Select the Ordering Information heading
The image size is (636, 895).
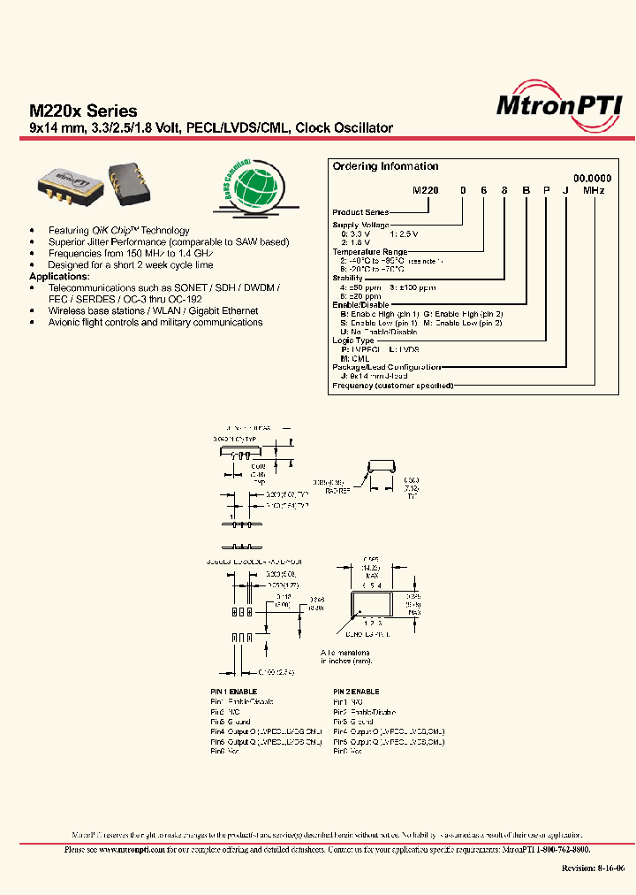tap(384, 166)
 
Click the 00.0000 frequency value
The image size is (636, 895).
tap(593, 179)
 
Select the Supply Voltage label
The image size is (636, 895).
tap(360, 225)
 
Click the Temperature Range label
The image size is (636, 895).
tap(369, 251)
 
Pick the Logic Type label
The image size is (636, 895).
tap(353, 340)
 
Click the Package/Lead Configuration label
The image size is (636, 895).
tap(385, 367)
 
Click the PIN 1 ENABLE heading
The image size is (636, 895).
tap(234, 692)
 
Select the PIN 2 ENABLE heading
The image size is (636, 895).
tap(357, 692)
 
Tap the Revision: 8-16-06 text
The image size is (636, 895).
tap(593, 868)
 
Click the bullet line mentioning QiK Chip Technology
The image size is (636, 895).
tap(119, 231)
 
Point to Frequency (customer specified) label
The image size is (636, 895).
tap(392, 386)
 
